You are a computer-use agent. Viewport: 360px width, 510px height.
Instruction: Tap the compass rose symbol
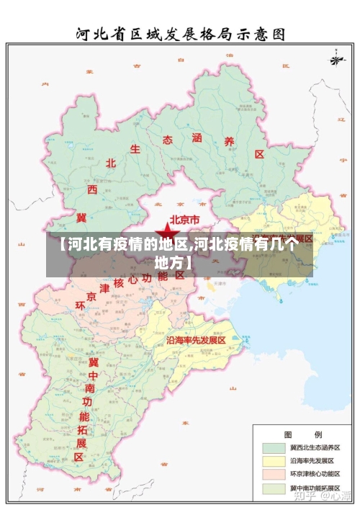coord(336,58)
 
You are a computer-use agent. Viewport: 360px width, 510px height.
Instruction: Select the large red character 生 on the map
coord(135,149)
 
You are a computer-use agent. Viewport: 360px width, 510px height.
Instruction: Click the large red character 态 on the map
coord(167,139)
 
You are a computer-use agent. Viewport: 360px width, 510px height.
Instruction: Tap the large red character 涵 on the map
coord(197,137)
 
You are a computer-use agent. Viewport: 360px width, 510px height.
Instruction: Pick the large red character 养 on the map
coord(229,142)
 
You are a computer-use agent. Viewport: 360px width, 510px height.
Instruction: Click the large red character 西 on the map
coord(92,189)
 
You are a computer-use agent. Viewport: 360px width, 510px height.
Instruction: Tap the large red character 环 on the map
coord(80,307)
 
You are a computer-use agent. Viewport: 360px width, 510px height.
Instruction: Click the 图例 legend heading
coord(293,434)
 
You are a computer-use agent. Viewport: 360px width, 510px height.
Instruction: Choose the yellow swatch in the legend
coord(274,460)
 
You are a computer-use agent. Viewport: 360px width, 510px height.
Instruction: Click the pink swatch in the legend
coord(274,474)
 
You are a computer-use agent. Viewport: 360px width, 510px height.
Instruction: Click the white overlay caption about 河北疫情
coord(179,252)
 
